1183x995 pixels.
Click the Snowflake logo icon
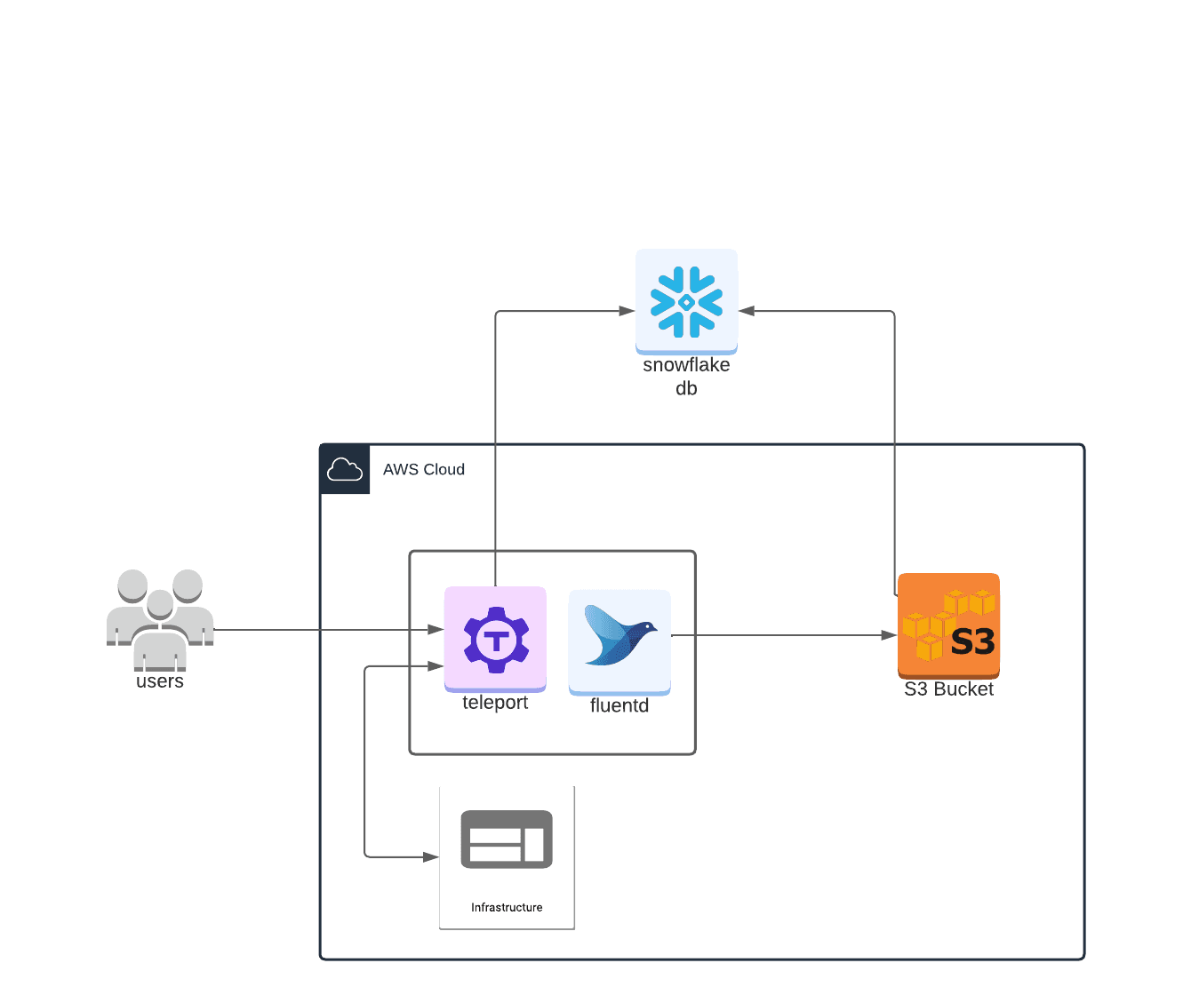(686, 302)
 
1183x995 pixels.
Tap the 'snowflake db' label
(686, 377)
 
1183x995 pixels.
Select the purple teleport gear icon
(496, 639)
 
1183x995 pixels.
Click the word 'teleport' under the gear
(495, 703)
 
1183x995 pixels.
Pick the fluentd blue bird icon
(619, 636)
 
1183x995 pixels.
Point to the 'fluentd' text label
(619, 705)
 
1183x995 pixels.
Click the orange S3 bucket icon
(948, 625)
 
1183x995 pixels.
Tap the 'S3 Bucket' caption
(948, 689)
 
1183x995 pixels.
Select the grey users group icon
(160, 618)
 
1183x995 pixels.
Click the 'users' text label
(160, 681)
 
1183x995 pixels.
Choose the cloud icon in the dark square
(345, 469)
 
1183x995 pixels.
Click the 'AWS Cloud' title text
(424, 469)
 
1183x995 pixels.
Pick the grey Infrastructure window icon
(507, 839)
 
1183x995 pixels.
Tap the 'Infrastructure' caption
(507, 907)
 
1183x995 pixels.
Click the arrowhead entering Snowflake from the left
(627, 311)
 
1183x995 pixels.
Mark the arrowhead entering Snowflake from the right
(747, 311)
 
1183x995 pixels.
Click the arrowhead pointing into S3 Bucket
(889, 635)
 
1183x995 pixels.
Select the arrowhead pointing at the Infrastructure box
(431, 857)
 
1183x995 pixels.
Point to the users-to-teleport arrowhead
(436, 630)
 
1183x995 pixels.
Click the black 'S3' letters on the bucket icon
(972, 641)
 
